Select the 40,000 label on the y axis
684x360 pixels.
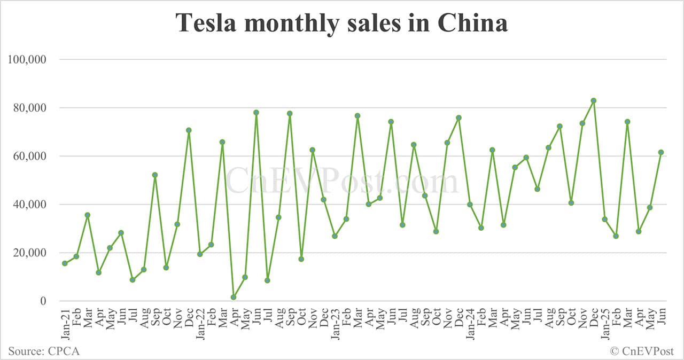(x=29, y=205)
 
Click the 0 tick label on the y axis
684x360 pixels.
(x=44, y=301)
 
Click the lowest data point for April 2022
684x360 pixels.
(x=234, y=297)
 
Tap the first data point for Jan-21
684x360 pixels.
(x=65, y=263)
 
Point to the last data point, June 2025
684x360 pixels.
(x=661, y=152)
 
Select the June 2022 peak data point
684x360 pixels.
(x=256, y=113)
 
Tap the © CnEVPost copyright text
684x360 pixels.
(x=642, y=351)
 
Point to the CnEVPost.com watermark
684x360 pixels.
(x=342, y=182)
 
